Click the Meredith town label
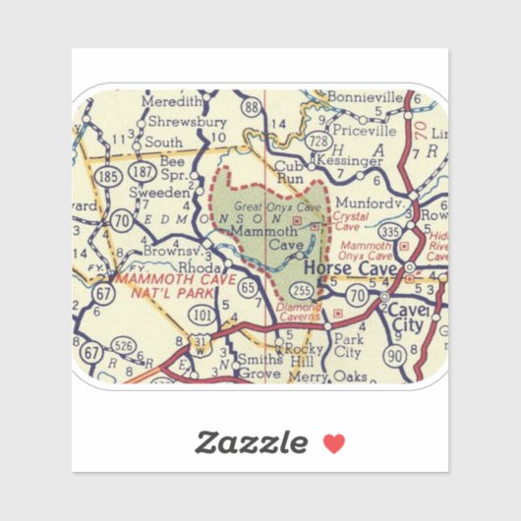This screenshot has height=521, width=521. click(173, 101)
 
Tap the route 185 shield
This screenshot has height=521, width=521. click(111, 177)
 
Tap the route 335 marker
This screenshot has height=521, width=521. click(388, 232)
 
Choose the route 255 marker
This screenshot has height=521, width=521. click(305, 291)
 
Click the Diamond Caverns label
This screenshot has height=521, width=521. click(299, 313)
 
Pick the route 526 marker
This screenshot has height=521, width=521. click(123, 345)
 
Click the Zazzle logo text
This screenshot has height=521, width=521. click(250, 442)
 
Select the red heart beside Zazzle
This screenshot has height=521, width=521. click(334, 443)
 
